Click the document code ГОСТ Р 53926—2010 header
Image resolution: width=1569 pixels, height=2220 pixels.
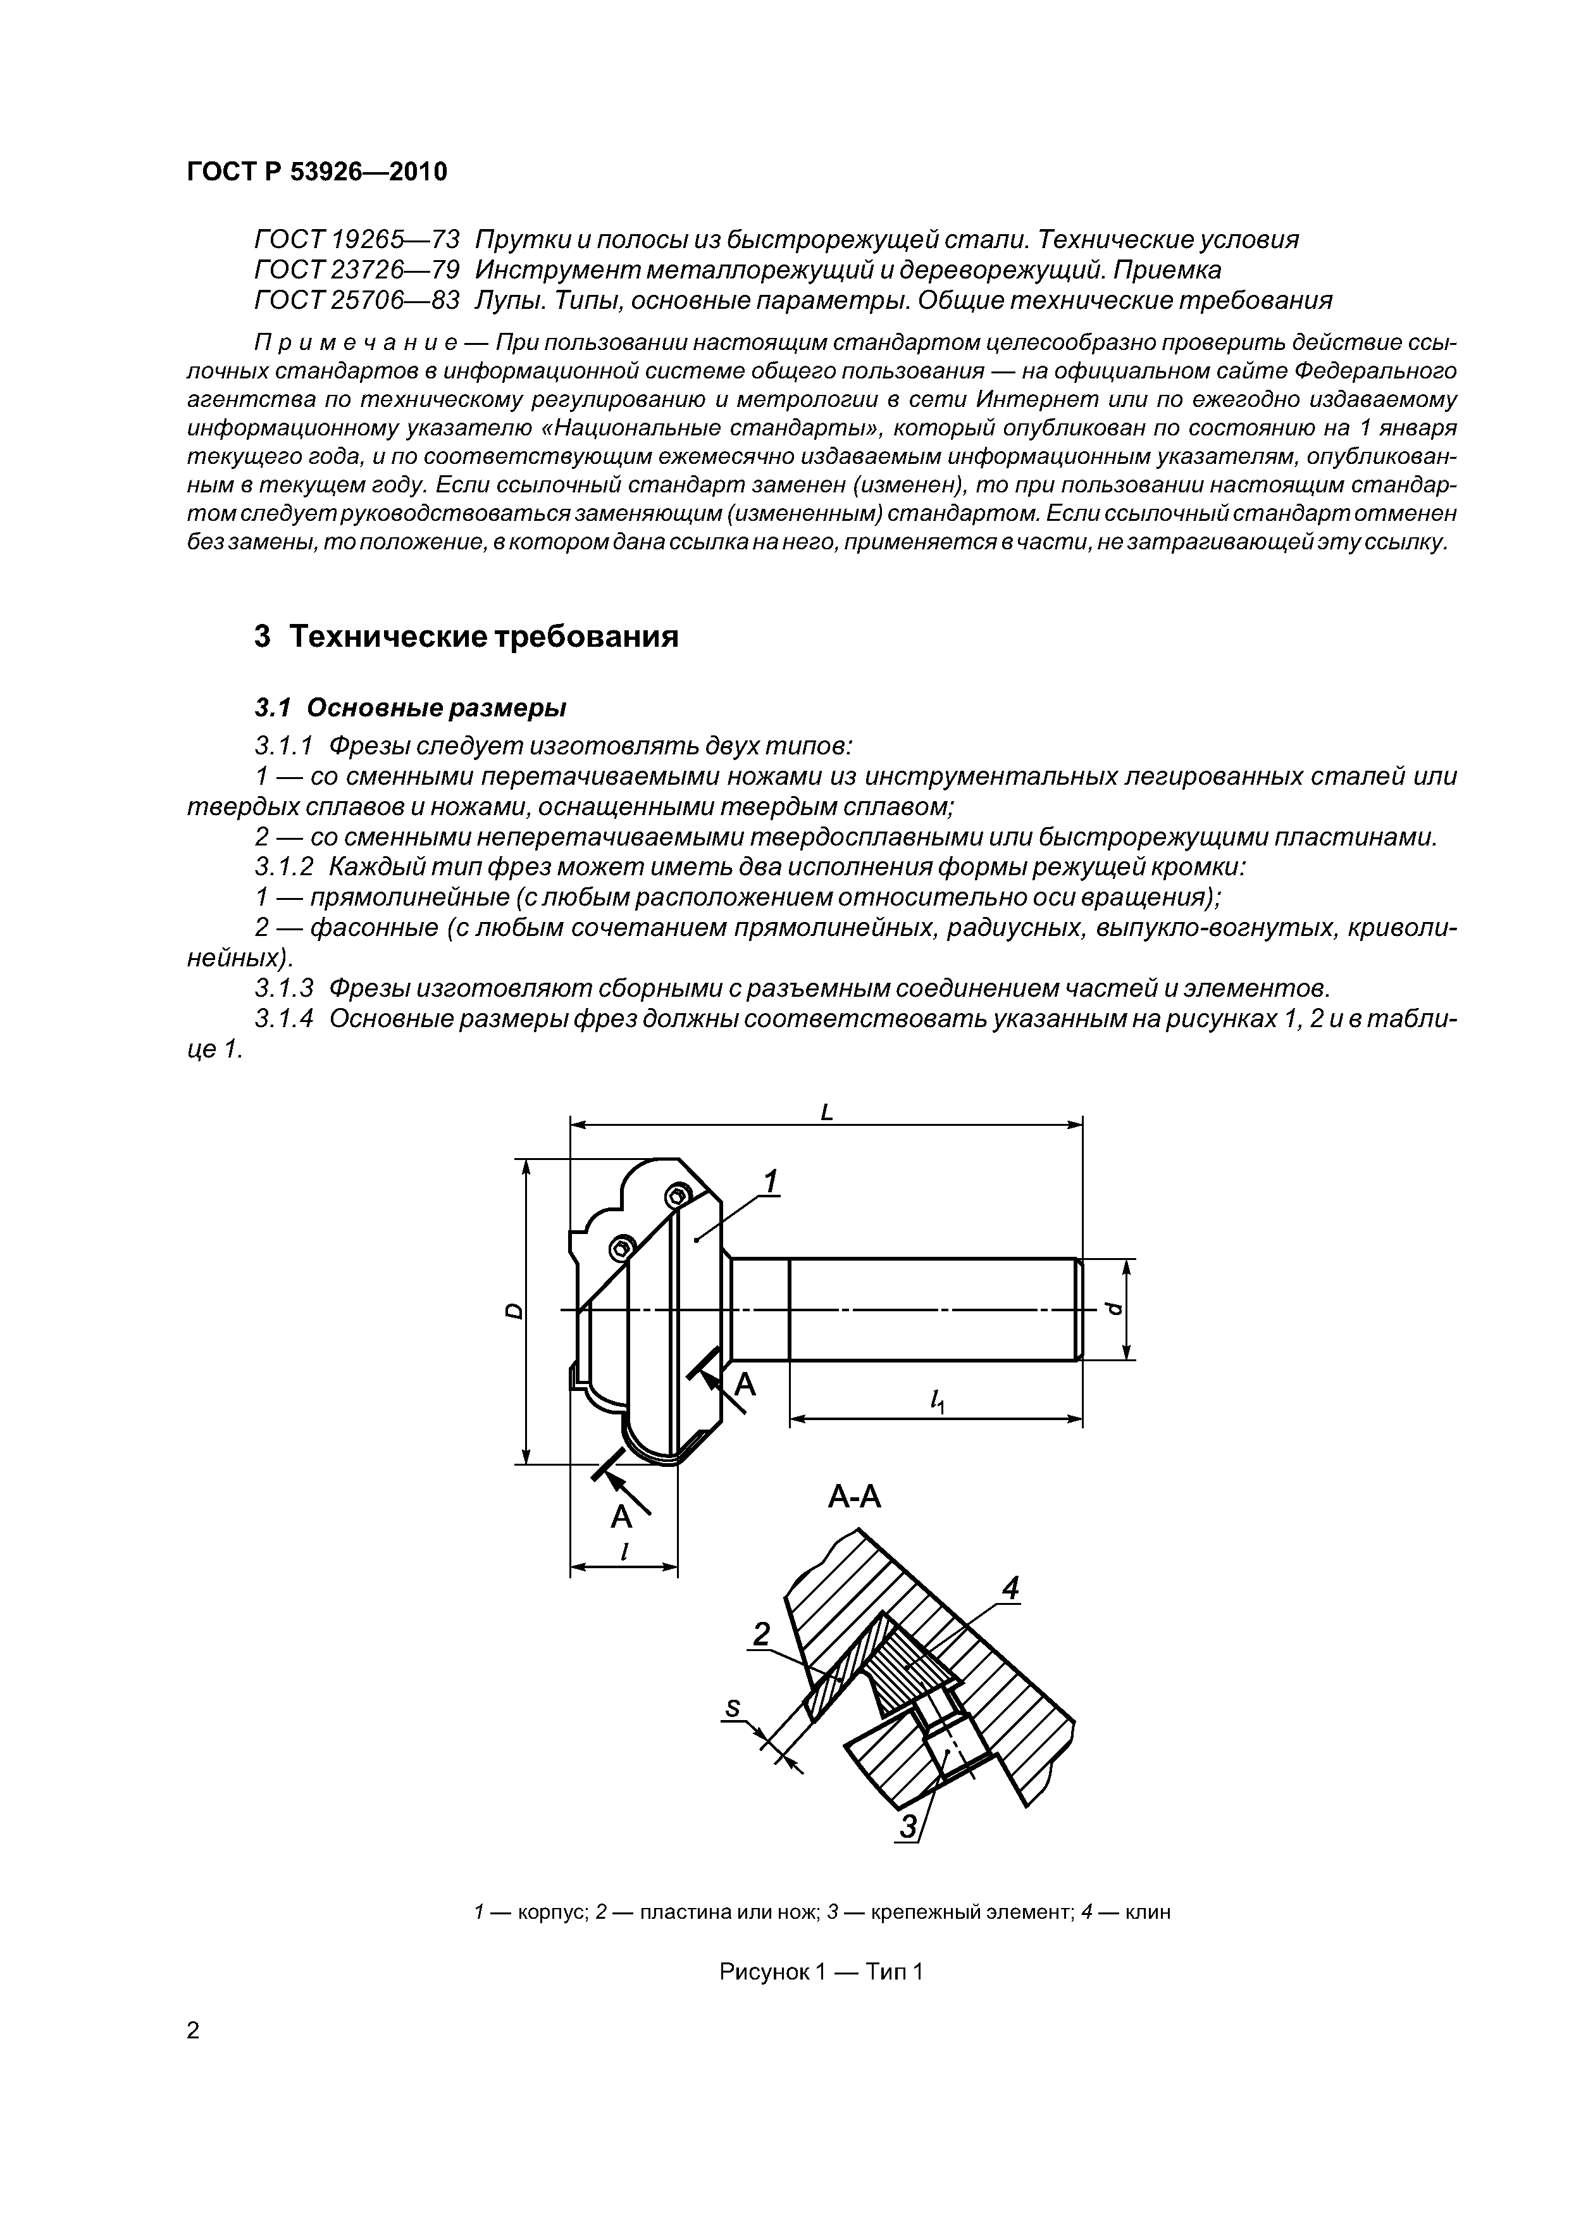[317, 172]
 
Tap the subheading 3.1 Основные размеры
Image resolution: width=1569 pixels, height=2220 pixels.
[410, 708]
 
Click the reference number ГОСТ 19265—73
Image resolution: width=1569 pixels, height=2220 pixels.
[357, 239]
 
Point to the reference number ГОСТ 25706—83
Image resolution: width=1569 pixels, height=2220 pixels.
[357, 300]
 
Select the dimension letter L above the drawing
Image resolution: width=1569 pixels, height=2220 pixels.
[826, 1113]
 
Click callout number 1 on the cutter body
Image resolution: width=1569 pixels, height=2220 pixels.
[771, 1181]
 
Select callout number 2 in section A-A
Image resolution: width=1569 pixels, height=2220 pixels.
[761, 1634]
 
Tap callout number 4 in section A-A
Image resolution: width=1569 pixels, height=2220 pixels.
[1010, 1588]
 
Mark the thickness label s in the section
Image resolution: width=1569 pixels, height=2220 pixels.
[733, 1709]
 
